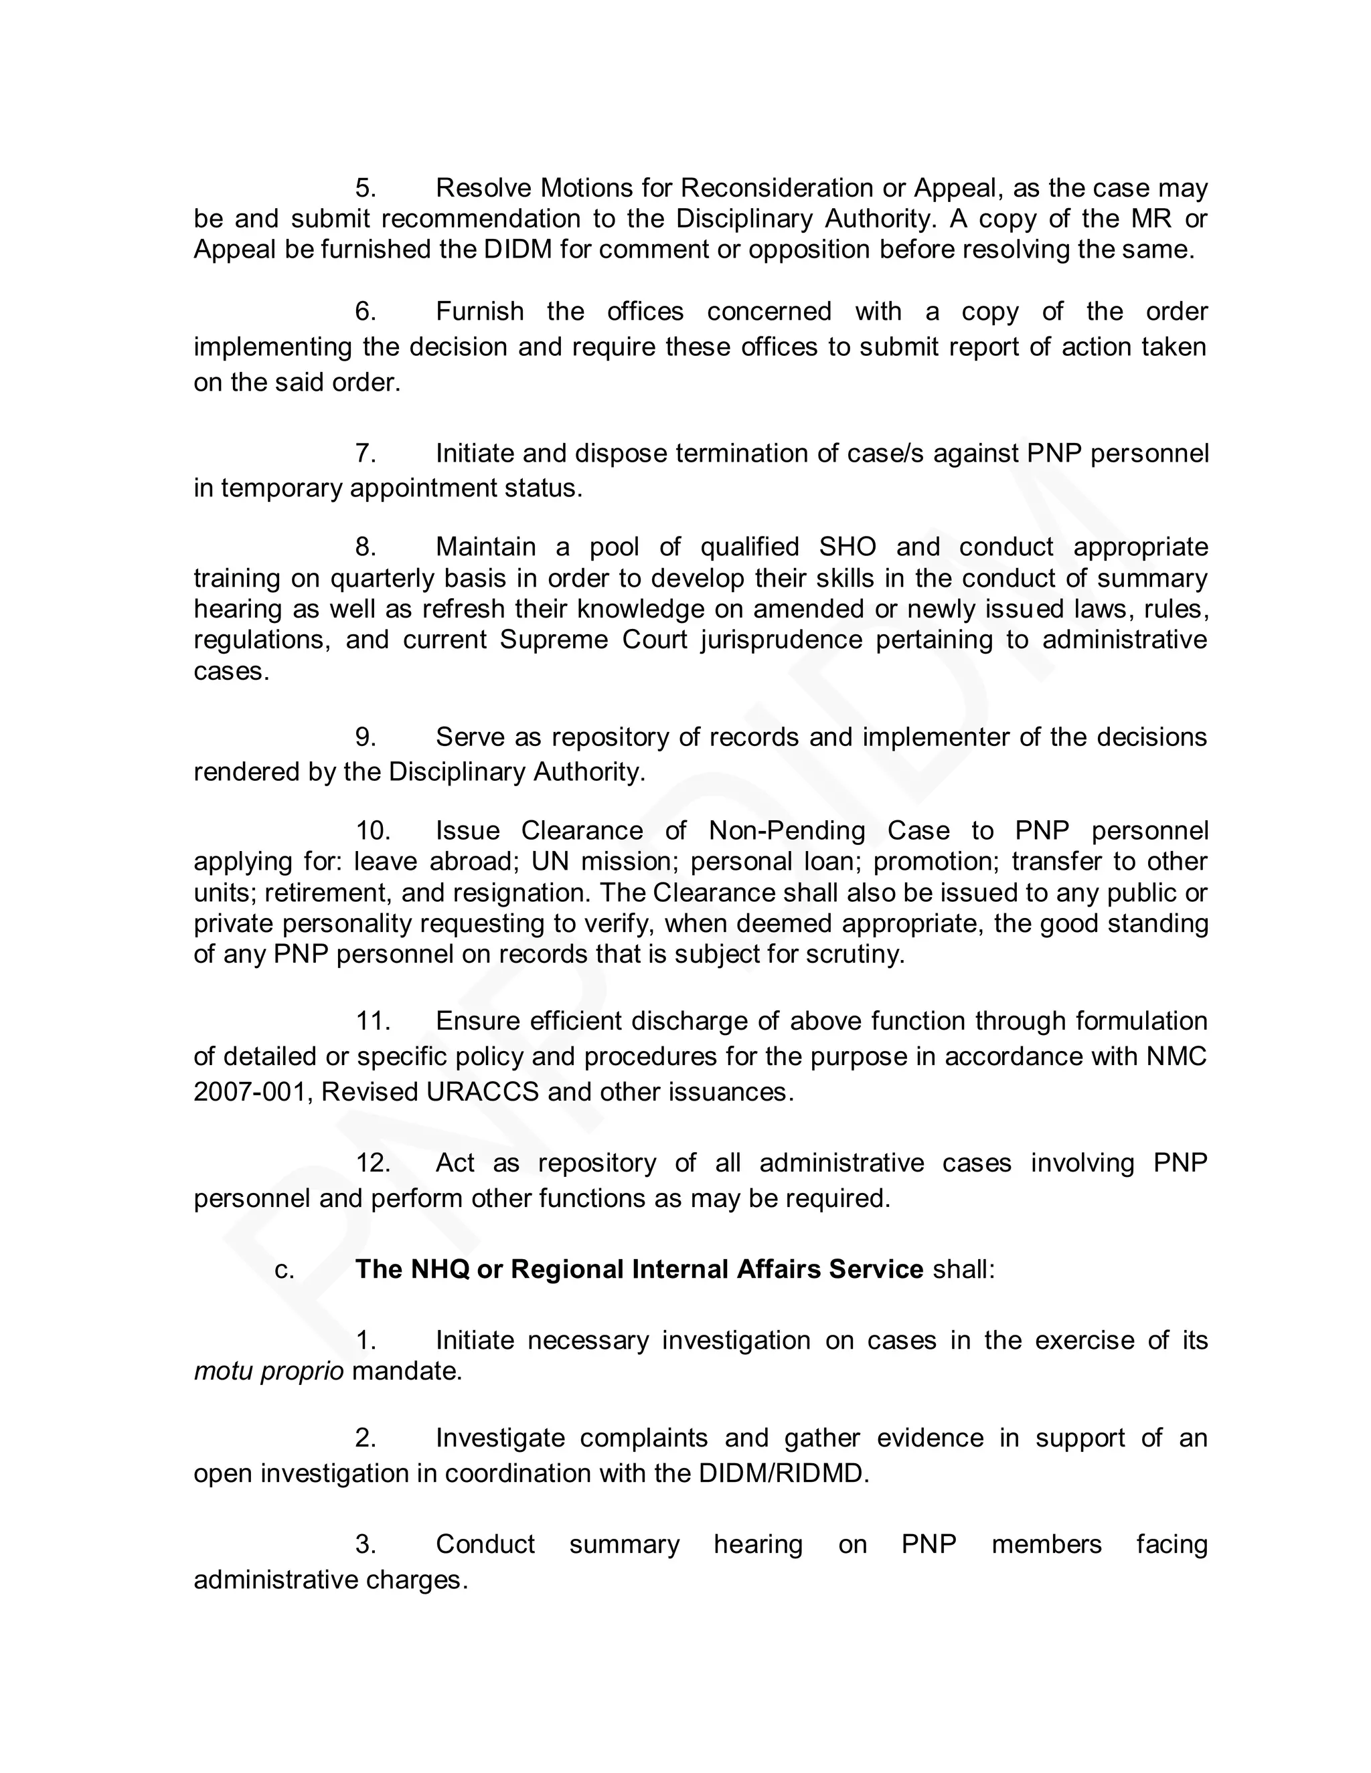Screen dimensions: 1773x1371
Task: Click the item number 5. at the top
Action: click(366, 189)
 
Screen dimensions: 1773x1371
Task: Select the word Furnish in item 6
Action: click(479, 312)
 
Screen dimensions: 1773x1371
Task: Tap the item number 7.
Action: click(366, 453)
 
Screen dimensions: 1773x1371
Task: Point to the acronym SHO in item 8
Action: click(847, 547)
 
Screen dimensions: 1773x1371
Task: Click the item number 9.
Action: click(366, 737)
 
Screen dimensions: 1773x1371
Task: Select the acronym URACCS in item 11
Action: click(483, 1092)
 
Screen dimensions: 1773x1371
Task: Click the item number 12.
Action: click(373, 1163)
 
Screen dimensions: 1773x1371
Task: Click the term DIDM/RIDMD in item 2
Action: click(783, 1473)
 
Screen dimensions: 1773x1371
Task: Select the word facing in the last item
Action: click(1172, 1544)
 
